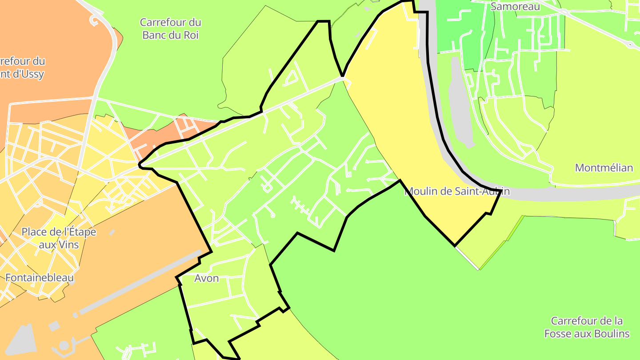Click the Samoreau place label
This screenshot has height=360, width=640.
click(x=515, y=7)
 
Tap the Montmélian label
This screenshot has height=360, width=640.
click(x=604, y=168)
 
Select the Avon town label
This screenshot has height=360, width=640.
click(x=207, y=278)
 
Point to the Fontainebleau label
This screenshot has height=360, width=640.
click(x=40, y=278)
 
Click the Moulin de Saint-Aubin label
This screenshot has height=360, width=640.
click(x=456, y=192)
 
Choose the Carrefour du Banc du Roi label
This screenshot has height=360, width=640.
click(x=170, y=28)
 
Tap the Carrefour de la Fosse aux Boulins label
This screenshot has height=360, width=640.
click(x=587, y=327)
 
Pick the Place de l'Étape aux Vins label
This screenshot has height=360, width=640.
click(x=59, y=238)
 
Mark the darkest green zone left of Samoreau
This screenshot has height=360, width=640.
click(x=462, y=27)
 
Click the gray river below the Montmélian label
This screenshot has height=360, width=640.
click(x=578, y=192)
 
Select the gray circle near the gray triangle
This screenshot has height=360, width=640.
click(x=64, y=345)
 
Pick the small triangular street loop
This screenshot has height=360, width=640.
click(x=291, y=79)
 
